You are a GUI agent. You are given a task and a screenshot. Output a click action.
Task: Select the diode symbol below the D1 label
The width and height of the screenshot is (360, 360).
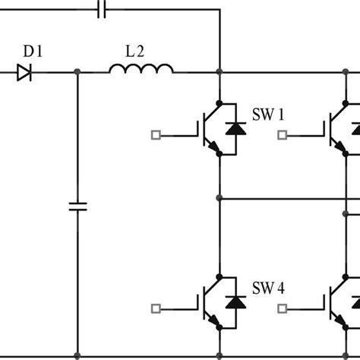25,73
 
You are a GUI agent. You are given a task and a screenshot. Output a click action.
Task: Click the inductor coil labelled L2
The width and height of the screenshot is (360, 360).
141,70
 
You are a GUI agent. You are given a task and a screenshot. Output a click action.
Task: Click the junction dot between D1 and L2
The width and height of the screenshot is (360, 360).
77,73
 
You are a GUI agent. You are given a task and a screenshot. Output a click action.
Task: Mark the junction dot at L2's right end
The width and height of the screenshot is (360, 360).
219,73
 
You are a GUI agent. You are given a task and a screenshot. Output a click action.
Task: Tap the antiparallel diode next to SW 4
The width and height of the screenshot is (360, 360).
237,302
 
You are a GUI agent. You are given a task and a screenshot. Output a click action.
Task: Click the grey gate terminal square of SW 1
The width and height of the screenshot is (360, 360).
156,136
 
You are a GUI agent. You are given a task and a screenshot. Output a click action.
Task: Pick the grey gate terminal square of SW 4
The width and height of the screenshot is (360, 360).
156,308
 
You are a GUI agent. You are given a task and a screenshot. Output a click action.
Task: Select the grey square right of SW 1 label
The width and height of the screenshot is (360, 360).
283,136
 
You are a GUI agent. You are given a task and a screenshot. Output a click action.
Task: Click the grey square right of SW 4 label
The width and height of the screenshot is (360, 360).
283,308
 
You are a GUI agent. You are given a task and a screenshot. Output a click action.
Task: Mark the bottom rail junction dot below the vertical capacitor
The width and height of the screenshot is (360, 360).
77,355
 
